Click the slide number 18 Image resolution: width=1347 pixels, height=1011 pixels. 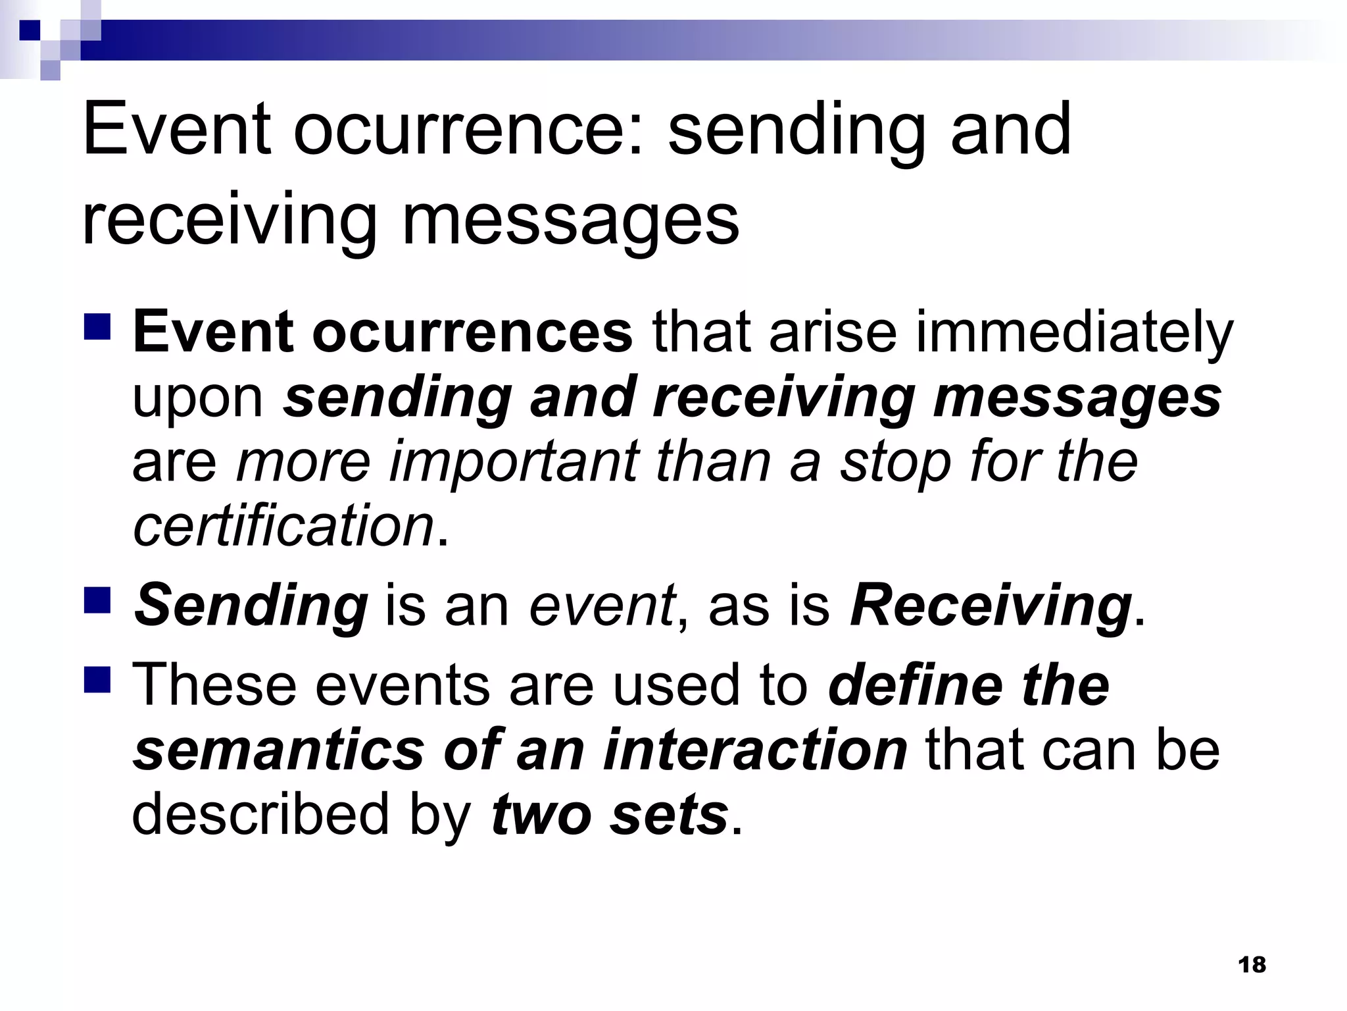point(1252,965)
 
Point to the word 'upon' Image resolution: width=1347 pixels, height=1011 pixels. point(198,399)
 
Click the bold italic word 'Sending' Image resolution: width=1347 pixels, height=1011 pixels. point(251,607)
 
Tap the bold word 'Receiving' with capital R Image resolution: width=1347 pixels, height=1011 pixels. point(991,607)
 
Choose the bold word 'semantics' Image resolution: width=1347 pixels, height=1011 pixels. point(280,750)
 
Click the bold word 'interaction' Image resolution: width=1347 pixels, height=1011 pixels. point(755,750)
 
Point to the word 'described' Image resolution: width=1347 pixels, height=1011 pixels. point(261,814)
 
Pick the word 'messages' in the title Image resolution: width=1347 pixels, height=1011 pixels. point(570,220)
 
